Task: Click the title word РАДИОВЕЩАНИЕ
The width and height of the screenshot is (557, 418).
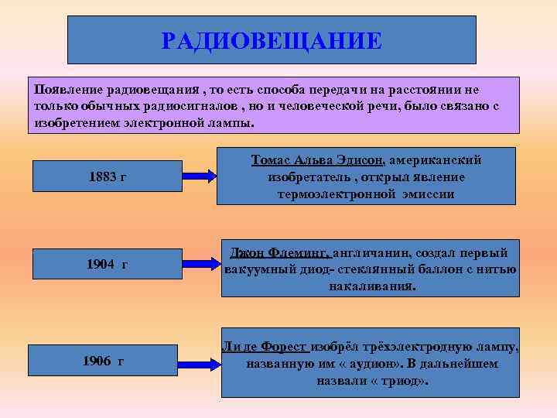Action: point(272,40)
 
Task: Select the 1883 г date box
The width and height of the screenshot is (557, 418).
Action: point(108,176)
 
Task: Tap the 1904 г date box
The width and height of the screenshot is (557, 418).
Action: point(108,265)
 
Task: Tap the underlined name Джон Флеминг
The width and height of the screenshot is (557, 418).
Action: point(280,253)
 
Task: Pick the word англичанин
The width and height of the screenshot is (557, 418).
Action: point(372,253)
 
